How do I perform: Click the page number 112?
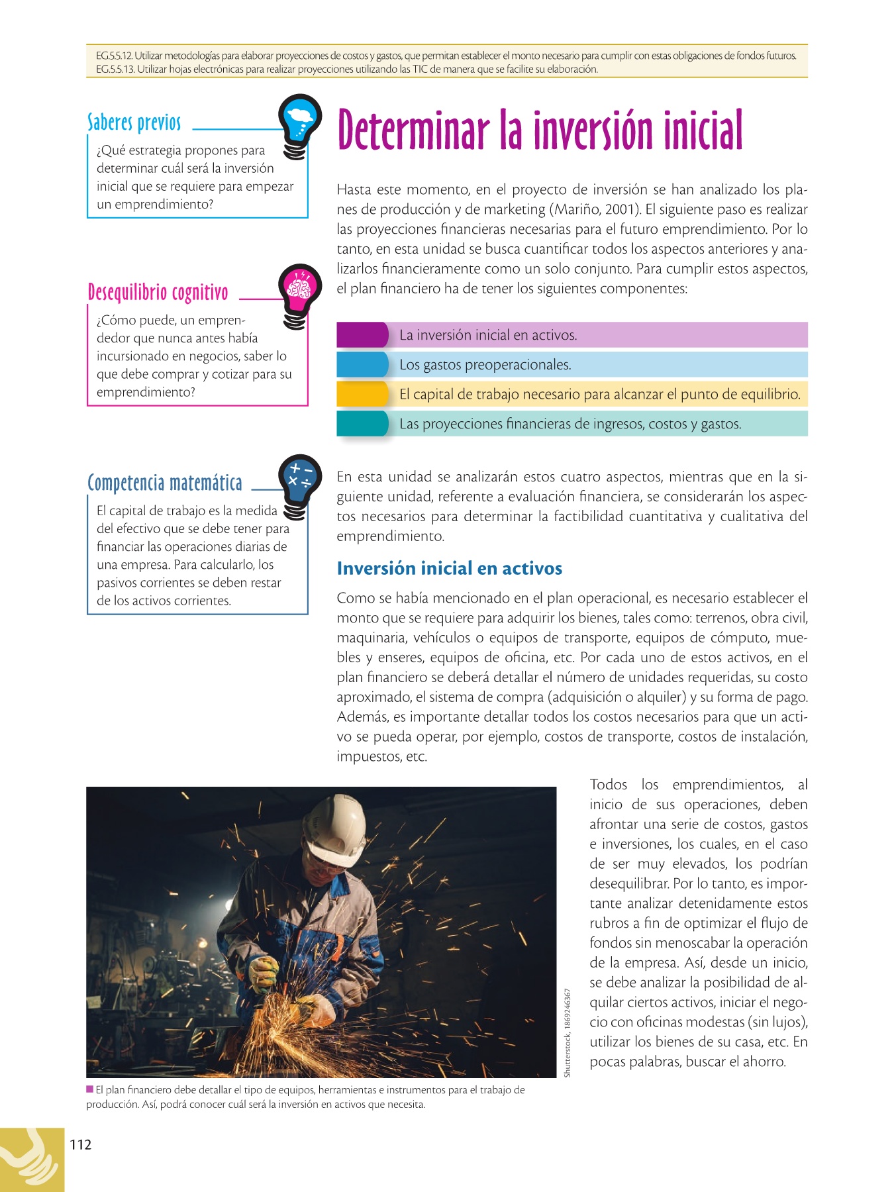tap(80, 1145)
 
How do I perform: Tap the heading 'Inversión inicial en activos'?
tap(449, 568)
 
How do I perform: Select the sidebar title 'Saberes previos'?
tap(134, 123)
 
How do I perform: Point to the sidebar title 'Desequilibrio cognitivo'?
tap(158, 292)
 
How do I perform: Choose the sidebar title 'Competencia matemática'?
tap(165, 483)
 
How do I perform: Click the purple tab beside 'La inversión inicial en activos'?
tap(362, 335)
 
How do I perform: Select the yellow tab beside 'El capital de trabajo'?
tap(362, 394)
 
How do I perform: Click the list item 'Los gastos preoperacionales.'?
tap(485, 365)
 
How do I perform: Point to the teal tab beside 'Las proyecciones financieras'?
tap(362, 424)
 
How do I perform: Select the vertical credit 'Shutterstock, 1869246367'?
tap(568, 1032)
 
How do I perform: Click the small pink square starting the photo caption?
tap(89, 1089)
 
